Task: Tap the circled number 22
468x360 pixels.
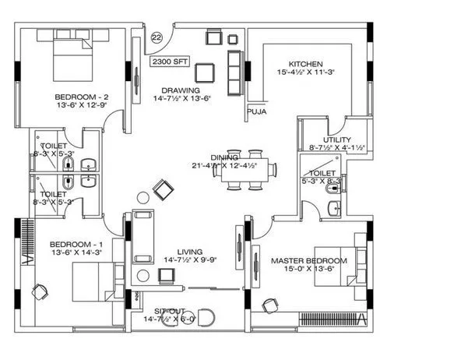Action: pos(157,37)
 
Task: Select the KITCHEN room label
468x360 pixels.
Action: pos(305,64)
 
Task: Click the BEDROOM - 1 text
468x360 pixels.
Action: pos(73,243)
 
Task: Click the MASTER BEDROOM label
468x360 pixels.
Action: pos(308,259)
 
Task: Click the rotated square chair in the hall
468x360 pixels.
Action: pos(164,189)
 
